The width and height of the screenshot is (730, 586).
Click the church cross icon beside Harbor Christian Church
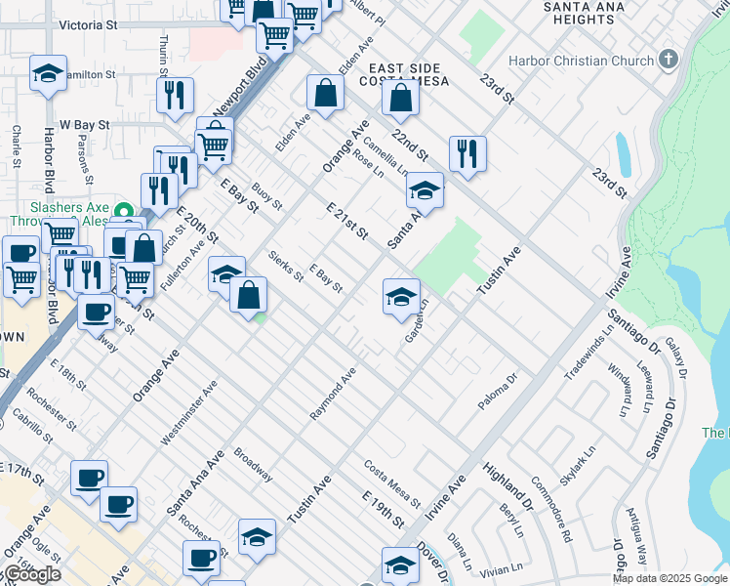click(x=669, y=60)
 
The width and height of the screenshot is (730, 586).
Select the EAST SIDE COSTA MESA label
click(x=409, y=73)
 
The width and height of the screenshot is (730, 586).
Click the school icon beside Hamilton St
click(x=48, y=73)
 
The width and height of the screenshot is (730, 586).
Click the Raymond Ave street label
click(x=333, y=395)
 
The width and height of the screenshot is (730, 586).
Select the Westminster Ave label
click(x=188, y=413)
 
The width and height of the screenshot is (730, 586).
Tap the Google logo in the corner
click(x=31, y=574)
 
